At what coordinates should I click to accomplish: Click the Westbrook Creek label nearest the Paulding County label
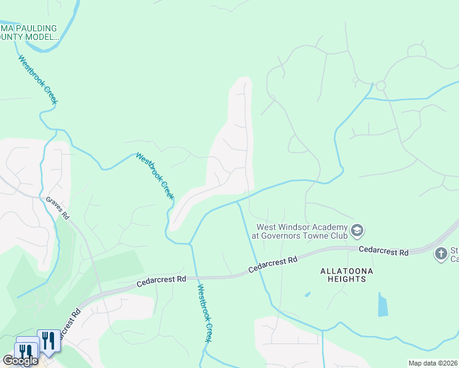(x=37, y=80)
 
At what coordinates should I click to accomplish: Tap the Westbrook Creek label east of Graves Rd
(x=155, y=175)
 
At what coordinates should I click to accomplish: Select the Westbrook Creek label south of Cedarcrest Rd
(x=204, y=313)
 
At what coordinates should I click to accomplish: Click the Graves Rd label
(x=58, y=209)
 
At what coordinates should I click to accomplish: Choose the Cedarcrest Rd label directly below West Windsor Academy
(x=272, y=264)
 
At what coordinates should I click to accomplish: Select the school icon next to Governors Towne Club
(x=358, y=231)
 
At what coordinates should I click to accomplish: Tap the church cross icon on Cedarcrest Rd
(x=441, y=253)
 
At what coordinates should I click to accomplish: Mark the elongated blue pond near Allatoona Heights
(x=383, y=304)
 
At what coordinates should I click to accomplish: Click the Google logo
(x=20, y=361)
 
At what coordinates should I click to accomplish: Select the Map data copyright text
(x=433, y=363)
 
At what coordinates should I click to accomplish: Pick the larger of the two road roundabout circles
(x=380, y=86)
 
